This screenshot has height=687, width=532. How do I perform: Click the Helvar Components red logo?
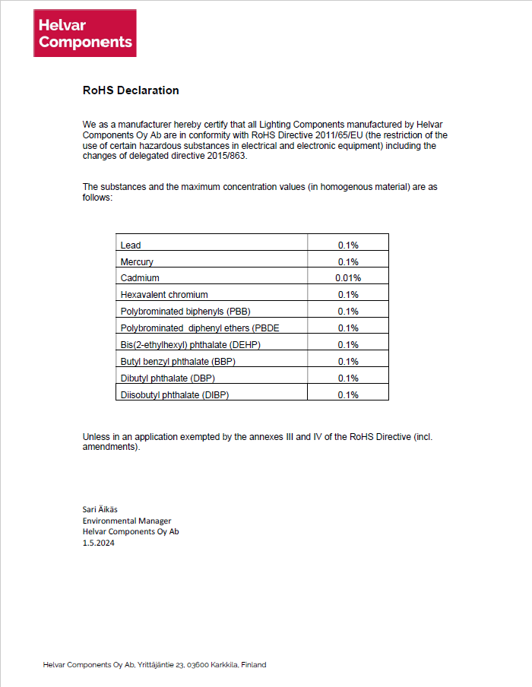pos(85,33)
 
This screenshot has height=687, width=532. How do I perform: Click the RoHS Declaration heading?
pos(131,90)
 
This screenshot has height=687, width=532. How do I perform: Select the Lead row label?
pos(131,245)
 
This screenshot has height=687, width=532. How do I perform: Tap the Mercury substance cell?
pos(137,262)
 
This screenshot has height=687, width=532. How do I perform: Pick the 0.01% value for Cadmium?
pos(348,278)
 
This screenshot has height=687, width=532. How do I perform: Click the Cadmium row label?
pos(140,278)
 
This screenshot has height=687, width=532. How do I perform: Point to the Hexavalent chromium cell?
pos(164,295)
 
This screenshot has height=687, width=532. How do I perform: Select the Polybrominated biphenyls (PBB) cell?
pos(185,312)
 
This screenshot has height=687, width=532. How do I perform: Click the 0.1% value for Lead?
pos(348,245)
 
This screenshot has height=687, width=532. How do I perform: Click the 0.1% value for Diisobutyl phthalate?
pos(348,395)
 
